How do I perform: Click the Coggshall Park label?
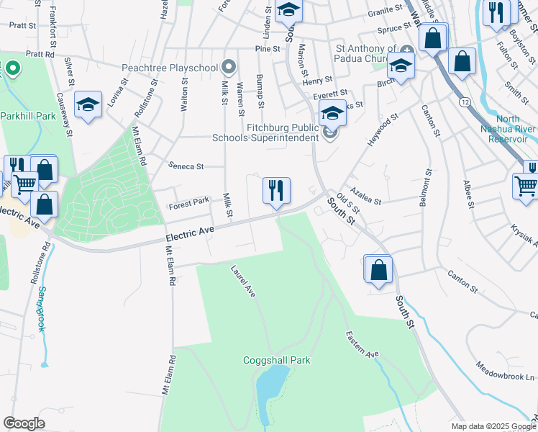point(276,360)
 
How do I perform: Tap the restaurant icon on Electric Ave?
point(276,192)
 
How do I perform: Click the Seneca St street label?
point(186,166)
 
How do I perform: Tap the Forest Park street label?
point(188,204)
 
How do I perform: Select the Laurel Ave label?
point(243,282)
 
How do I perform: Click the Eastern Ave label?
point(362,345)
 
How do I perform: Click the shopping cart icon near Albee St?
point(526,186)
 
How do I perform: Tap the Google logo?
point(24,423)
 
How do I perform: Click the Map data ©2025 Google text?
point(493,426)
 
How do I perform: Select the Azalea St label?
point(366,198)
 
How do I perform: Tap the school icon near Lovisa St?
point(88,106)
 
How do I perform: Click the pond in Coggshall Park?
point(273,385)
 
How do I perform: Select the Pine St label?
point(267,49)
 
